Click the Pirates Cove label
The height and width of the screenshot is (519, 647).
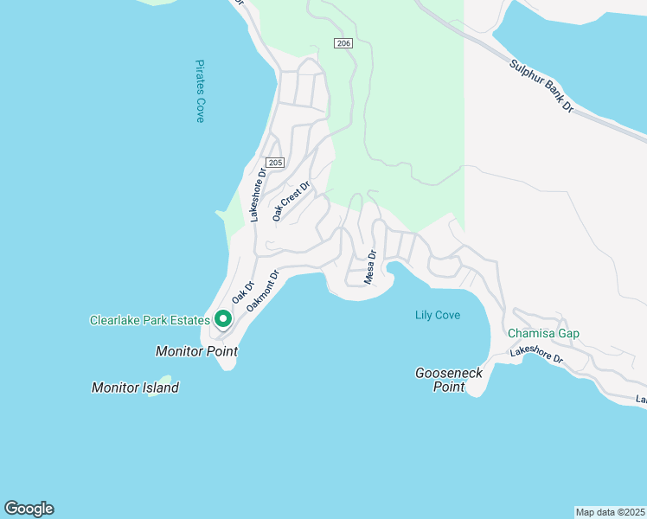200,91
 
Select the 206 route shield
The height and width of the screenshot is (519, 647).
343,43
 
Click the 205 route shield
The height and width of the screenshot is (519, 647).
275,163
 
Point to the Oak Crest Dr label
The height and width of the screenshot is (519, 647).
291,201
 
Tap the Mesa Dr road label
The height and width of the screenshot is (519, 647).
370,267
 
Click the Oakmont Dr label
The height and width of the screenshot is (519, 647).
264,291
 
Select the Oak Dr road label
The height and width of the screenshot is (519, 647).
241,292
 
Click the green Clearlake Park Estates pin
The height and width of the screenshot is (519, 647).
222,320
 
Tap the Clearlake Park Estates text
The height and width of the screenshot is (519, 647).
150,321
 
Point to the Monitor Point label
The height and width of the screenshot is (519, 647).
196,352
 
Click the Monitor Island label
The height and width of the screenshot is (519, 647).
135,388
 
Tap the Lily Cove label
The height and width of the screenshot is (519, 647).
437,316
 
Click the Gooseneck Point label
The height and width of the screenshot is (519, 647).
449,380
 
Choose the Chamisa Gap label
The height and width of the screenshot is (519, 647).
543,333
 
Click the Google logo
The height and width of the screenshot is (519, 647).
29,509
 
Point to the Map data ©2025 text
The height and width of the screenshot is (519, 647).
610,512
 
